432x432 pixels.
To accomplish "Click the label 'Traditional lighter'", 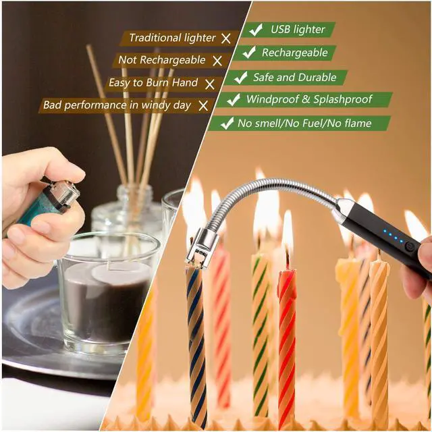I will (x=172, y=38).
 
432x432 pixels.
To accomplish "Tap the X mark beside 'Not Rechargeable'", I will (x=217, y=60).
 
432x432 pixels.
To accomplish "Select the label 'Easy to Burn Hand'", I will (x=153, y=82).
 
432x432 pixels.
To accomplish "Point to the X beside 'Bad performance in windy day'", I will (x=203, y=105).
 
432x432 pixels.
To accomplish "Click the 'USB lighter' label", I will (x=298, y=30).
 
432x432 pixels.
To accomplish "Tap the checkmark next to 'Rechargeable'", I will (x=249, y=53).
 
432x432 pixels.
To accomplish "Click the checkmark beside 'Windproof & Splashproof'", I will (x=234, y=100).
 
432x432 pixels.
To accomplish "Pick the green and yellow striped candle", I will (x=261, y=324).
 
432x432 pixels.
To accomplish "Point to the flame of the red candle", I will (x=288, y=230).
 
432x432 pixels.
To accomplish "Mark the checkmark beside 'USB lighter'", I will (x=256, y=30).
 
